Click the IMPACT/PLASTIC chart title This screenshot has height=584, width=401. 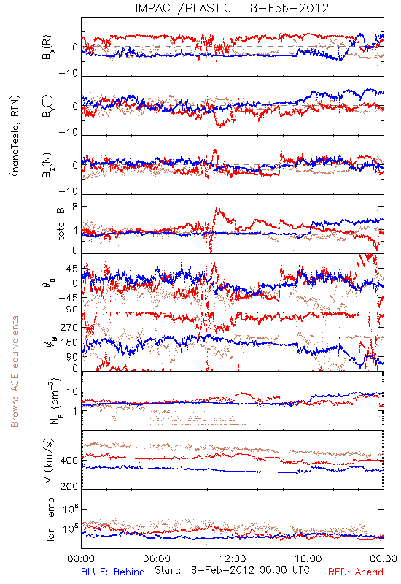click(183, 8)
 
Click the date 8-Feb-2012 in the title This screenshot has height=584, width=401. click(289, 8)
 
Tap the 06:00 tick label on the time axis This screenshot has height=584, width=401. click(157, 558)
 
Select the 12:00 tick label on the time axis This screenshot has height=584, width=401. click(233, 558)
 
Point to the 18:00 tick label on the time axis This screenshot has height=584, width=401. click(308, 558)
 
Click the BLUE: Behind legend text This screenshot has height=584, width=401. click(113, 572)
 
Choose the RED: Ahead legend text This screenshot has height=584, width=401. click(356, 572)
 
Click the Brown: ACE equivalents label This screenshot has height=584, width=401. click(15, 372)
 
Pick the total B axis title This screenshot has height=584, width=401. click(61, 224)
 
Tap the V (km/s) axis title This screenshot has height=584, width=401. click(49, 461)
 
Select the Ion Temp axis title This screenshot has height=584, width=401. click(50, 519)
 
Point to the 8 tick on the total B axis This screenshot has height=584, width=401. click(75, 207)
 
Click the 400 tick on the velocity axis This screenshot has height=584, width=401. click(69, 461)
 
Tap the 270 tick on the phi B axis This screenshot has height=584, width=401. click(69, 327)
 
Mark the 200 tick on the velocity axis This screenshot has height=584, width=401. click(69, 486)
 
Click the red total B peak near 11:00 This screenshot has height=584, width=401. click(216, 209)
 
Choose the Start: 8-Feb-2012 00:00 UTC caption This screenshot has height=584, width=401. click(232, 570)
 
